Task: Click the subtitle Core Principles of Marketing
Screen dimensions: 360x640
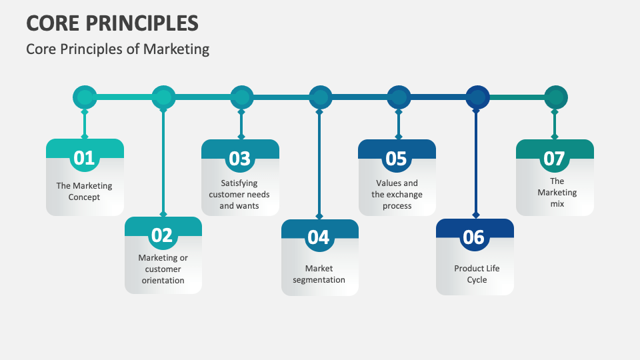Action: (117, 49)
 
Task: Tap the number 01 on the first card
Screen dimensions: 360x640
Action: (85, 158)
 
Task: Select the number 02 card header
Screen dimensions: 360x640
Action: (163, 235)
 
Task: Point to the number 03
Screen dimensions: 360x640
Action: (240, 158)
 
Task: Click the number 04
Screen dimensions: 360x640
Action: (319, 237)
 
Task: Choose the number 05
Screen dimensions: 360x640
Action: (397, 158)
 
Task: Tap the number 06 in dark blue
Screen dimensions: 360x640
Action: (474, 237)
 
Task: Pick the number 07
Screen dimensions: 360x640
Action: (555, 158)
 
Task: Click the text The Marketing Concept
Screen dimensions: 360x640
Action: (85, 191)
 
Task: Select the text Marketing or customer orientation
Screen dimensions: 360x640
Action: (163, 269)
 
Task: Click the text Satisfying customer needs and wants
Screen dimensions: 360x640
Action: (240, 194)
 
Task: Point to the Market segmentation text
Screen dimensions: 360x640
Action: (319, 274)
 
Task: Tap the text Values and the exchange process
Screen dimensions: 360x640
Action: (397, 194)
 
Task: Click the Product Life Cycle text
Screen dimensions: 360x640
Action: (477, 274)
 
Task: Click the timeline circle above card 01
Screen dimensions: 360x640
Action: (85, 97)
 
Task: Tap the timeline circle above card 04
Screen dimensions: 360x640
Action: (320, 97)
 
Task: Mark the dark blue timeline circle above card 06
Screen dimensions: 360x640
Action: (477, 97)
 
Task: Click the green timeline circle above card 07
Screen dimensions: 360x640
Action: (555, 97)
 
